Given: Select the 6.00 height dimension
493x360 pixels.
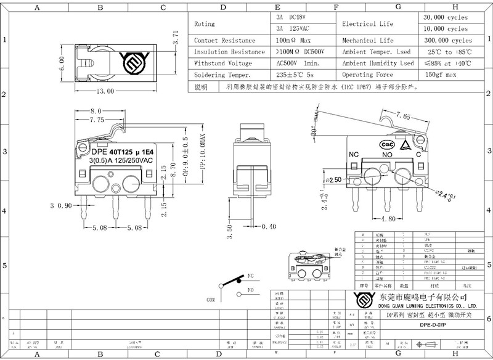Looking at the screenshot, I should (x=61, y=64).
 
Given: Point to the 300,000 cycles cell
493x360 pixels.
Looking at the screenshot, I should (x=445, y=40).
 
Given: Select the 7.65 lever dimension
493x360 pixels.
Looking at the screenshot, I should (x=404, y=116).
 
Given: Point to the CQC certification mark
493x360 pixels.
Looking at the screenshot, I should (x=388, y=144).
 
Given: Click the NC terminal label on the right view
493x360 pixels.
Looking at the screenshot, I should (x=354, y=154).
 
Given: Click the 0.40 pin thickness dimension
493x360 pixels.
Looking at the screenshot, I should (x=268, y=227).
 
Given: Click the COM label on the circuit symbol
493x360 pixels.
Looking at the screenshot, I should (x=211, y=300).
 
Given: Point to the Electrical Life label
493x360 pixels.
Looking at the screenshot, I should (x=367, y=23).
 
